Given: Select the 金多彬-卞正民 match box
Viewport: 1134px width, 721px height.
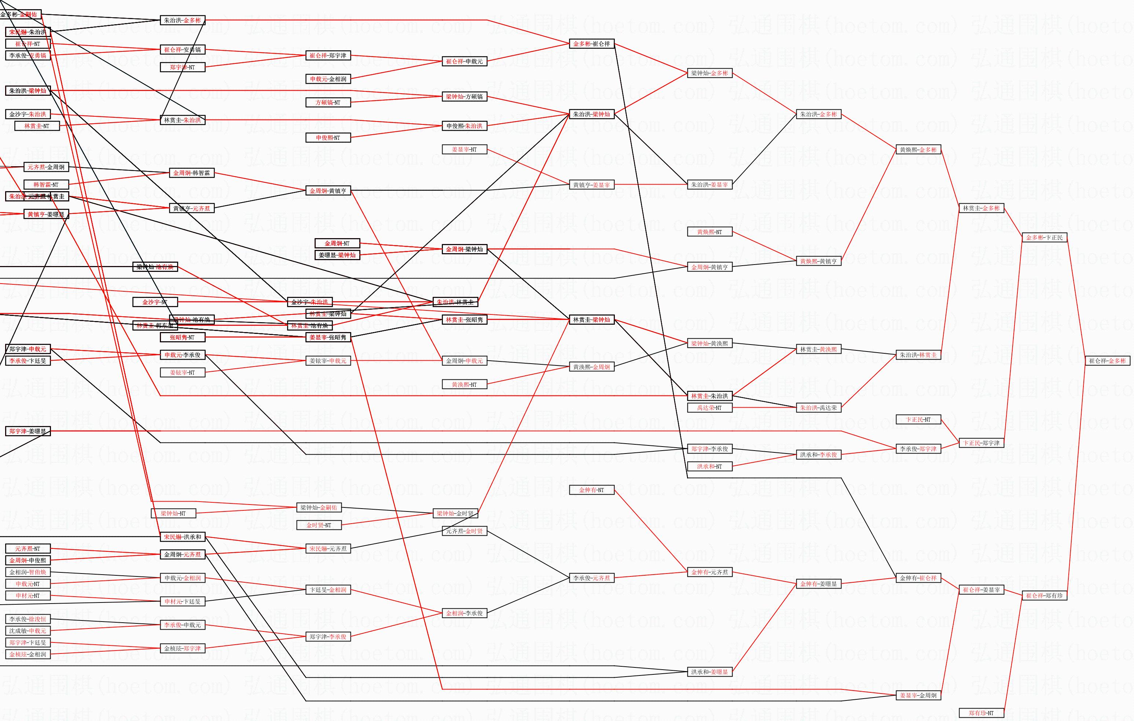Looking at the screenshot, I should pos(1044,237).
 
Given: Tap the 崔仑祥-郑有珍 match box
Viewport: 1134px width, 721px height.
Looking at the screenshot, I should pos(1044,596).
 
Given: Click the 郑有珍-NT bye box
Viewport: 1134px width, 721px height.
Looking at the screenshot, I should pos(981,713).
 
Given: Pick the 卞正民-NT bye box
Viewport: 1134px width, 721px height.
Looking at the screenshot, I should pos(918,419).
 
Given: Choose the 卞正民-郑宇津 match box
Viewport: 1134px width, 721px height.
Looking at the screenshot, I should pos(981,443).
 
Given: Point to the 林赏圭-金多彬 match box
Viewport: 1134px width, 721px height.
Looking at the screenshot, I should pos(981,208).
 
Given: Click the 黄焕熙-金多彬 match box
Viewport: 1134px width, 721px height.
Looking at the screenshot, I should pos(918,150).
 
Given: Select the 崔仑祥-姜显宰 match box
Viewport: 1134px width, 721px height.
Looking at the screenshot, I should pos(981,590).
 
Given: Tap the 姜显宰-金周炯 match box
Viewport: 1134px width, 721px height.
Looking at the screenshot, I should pos(918,695).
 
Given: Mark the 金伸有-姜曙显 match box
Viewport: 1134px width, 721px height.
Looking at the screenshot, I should pos(818,584).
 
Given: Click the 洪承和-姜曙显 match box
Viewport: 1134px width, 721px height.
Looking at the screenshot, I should pos(709,672).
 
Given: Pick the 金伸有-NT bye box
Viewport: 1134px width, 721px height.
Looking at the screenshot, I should pos(591,490).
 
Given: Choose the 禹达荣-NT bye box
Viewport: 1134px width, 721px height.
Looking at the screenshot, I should pos(709,408).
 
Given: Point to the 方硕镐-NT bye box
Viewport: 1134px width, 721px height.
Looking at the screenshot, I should pos(328,102).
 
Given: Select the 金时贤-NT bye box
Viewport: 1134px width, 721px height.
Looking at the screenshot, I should pos(319,525).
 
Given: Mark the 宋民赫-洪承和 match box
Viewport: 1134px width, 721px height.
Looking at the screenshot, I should pos(182,537).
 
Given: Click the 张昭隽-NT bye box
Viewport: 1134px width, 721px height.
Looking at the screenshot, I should pos(182,338).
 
